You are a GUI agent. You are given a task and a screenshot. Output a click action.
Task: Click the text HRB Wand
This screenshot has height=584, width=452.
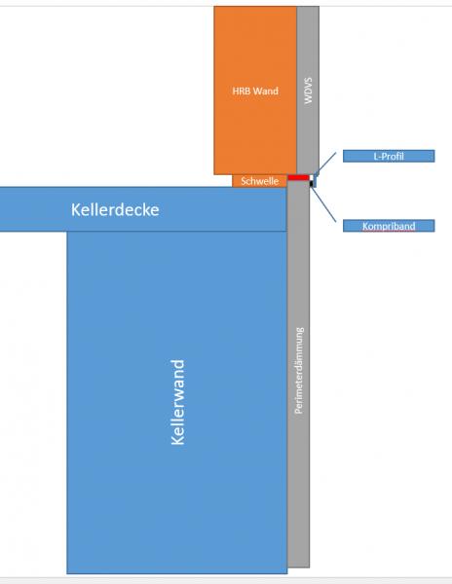pyautogui.click(x=255, y=91)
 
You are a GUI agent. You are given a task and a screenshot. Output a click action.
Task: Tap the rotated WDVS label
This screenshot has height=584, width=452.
pyautogui.click(x=308, y=91)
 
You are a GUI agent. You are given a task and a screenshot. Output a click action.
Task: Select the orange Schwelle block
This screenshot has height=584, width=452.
pyautogui.click(x=259, y=181)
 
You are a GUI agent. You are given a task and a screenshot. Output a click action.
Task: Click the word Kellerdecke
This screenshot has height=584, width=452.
pyautogui.click(x=115, y=209)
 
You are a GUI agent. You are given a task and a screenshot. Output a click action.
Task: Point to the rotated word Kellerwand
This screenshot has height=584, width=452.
pyautogui.click(x=177, y=402)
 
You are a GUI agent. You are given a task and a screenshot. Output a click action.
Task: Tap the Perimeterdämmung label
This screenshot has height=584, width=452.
pyautogui.click(x=299, y=371)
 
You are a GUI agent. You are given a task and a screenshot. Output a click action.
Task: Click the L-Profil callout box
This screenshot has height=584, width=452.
pyautogui.click(x=389, y=156)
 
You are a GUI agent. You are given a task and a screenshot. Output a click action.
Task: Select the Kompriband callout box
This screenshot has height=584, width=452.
pyautogui.click(x=389, y=226)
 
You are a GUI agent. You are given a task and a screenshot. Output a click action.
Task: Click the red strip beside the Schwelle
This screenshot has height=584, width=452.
pyautogui.click(x=298, y=178)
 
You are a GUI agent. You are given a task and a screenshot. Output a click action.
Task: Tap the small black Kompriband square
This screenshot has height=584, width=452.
pyautogui.click(x=311, y=183)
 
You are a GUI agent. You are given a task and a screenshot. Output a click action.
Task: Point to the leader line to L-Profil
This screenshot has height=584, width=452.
pyautogui.click(x=325, y=163)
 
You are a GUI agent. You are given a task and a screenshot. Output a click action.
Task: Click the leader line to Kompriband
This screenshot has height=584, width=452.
pyautogui.click(x=323, y=204)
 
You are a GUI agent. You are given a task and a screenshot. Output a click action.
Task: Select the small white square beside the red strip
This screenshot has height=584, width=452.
pyautogui.click(x=311, y=178)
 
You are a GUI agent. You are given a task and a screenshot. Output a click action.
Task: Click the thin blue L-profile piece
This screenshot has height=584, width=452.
pyautogui.click(x=315, y=180)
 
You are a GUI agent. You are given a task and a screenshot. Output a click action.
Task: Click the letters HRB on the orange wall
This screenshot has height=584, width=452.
pyautogui.click(x=241, y=91)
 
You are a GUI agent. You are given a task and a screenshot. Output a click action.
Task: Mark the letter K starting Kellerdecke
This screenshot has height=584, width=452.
pyautogui.click(x=76, y=209)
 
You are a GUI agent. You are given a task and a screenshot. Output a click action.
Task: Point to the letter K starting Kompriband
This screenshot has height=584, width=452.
pyautogui.click(x=365, y=226)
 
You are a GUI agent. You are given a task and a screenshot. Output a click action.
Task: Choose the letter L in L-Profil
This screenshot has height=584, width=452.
pyautogui.click(x=376, y=156)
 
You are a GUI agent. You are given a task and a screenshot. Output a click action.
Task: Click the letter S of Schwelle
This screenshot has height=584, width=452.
pyautogui.click(x=244, y=181)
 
